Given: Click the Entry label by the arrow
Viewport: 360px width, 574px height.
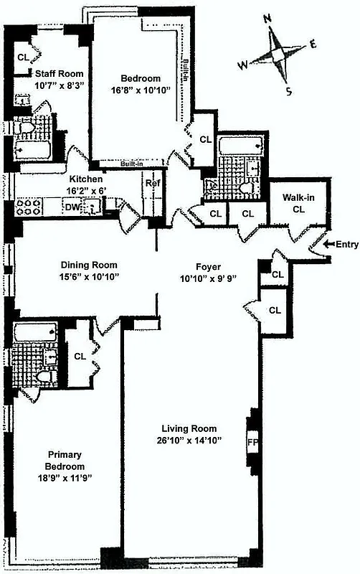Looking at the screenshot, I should click(346, 245).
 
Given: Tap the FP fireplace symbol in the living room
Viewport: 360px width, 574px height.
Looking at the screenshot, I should click(252, 441).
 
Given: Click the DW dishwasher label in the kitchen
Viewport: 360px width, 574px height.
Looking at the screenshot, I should click(72, 207).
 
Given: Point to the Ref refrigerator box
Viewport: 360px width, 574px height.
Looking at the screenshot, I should click(152, 184).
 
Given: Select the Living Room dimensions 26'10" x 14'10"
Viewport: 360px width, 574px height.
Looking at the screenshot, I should click(191, 441).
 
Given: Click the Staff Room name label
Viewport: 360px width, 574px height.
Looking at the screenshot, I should click(56, 73).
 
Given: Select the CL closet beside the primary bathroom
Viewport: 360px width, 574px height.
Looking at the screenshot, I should click(80, 356).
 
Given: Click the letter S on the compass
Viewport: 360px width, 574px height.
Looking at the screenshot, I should click(289, 91).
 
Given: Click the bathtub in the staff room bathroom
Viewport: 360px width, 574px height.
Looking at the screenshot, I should click(34, 152).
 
